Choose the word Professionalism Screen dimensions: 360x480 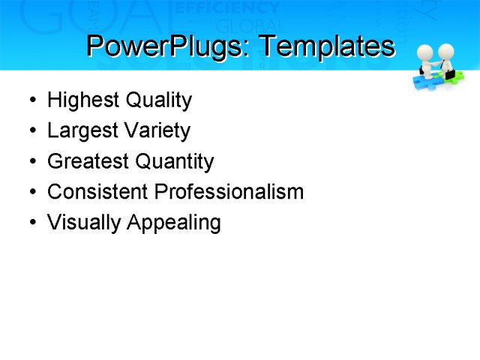(x=229, y=192)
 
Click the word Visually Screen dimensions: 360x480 (x=84, y=223)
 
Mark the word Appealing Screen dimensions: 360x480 (x=173, y=223)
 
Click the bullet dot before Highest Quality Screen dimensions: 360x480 (x=31, y=100)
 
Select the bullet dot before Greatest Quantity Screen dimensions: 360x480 (x=31, y=162)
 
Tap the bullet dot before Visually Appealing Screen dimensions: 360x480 (x=31, y=223)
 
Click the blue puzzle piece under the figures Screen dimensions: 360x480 (x=424, y=79)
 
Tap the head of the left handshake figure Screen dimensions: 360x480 (x=425, y=51)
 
